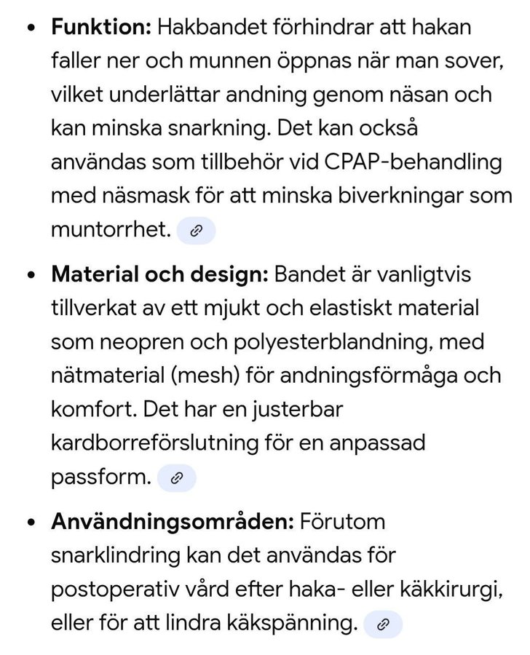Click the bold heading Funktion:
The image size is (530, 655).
(100, 28)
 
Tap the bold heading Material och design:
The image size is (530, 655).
(160, 275)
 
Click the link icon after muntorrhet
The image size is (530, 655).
(196, 231)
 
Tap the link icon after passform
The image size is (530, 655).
(176, 478)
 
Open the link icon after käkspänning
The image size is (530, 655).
(383, 624)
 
